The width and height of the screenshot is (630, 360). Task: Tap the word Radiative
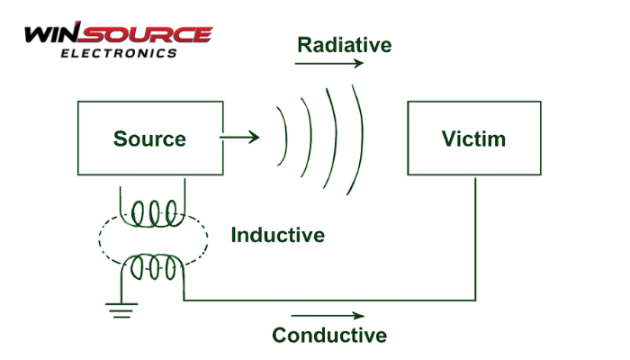[x=345, y=44]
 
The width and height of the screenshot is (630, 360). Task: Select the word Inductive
[x=277, y=236]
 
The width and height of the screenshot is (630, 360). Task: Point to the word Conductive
[x=329, y=336]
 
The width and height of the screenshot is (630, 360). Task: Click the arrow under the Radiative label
[x=329, y=64]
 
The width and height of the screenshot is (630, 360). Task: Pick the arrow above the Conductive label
[x=328, y=316]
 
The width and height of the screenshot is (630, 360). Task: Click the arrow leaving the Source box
[x=239, y=138]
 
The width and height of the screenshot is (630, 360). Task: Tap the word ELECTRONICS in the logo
[x=119, y=53]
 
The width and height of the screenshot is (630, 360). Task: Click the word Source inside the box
[x=149, y=139]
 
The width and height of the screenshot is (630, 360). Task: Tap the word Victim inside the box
[x=473, y=139]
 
